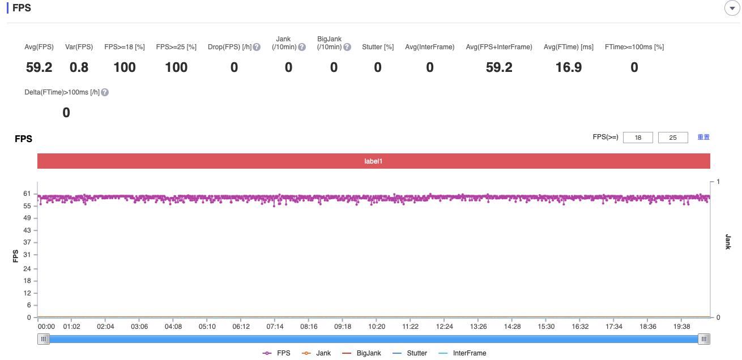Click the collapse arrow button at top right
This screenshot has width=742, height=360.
732,7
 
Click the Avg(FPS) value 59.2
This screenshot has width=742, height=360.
39,67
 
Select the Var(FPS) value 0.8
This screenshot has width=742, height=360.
79,67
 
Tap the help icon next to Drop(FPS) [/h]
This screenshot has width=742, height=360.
257,47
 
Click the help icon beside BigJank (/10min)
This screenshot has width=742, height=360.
347,47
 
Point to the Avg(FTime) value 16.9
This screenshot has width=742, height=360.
568,67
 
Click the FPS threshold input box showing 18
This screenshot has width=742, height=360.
638,138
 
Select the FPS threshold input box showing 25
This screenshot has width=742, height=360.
673,138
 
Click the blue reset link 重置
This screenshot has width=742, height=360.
703,137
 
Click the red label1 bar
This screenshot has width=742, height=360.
374,161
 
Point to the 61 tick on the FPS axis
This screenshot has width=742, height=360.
27,194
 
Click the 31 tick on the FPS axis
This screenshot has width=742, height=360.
27,255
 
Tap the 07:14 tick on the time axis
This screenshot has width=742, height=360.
275,327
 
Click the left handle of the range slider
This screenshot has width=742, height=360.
44,339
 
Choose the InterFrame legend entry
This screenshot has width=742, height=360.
463,353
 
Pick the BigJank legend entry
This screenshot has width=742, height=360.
362,353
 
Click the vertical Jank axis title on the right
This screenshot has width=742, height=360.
728,242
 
